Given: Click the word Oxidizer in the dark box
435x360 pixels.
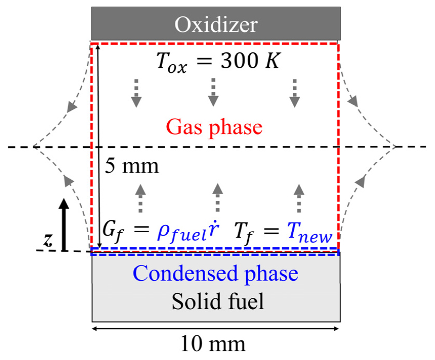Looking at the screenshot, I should click(215, 24).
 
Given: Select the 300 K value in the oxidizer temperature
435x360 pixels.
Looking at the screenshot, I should click(248, 63).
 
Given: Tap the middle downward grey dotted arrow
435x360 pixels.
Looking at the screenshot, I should click(213, 92).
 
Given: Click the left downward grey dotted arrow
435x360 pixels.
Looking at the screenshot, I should click(135, 92).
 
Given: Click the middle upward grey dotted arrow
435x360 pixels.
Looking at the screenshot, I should click(217, 198).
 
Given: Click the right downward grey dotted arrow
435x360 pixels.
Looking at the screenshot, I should click(294, 92).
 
